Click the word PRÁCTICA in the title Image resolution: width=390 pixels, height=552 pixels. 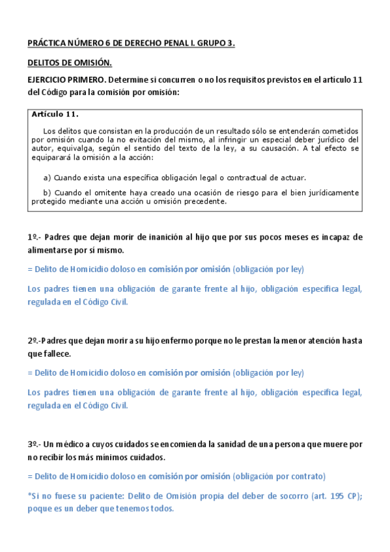48,44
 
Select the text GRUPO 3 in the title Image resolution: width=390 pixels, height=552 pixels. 218,44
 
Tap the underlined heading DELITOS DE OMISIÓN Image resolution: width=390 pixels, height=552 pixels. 70,63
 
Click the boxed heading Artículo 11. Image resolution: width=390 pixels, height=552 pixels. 55,115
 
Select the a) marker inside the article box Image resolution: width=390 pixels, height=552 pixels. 47,178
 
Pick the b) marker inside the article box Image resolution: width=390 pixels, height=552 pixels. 47,193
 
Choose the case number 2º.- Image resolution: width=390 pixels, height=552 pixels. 35,341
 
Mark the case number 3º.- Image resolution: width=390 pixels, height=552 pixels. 35,445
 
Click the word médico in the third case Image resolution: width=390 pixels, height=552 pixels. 76,445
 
